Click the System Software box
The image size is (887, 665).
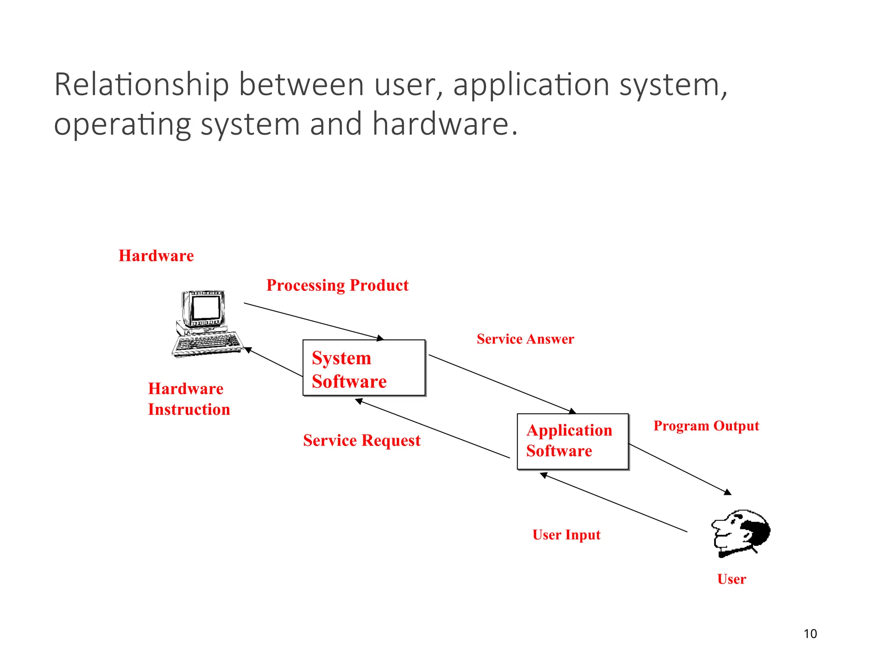click(x=364, y=368)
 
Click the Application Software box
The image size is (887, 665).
click(x=573, y=441)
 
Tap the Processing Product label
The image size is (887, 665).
click(x=337, y=285)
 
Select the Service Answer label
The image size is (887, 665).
click(x=525, y=339)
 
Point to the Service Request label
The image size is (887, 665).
click(x=362, y=441)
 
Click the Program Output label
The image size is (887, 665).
click(x=706, y=426)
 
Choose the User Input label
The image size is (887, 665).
click(x=566, y=535)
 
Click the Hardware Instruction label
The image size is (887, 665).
click(x=189, y=399)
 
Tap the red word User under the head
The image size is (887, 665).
click(x=732, y=579)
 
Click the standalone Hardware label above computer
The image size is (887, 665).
click(x=156, y=256)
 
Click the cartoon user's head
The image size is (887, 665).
click(x=741, y=533)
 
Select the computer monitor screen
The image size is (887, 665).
click(x=206, y=308)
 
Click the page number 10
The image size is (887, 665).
click(x=810, y=634)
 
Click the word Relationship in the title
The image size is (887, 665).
click(x=141, y=85)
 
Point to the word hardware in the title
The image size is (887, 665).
click(x=440, y=124)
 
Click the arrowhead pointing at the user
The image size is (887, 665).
click(x=728, y=492)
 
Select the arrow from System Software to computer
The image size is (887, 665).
click(x=274, y=362)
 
